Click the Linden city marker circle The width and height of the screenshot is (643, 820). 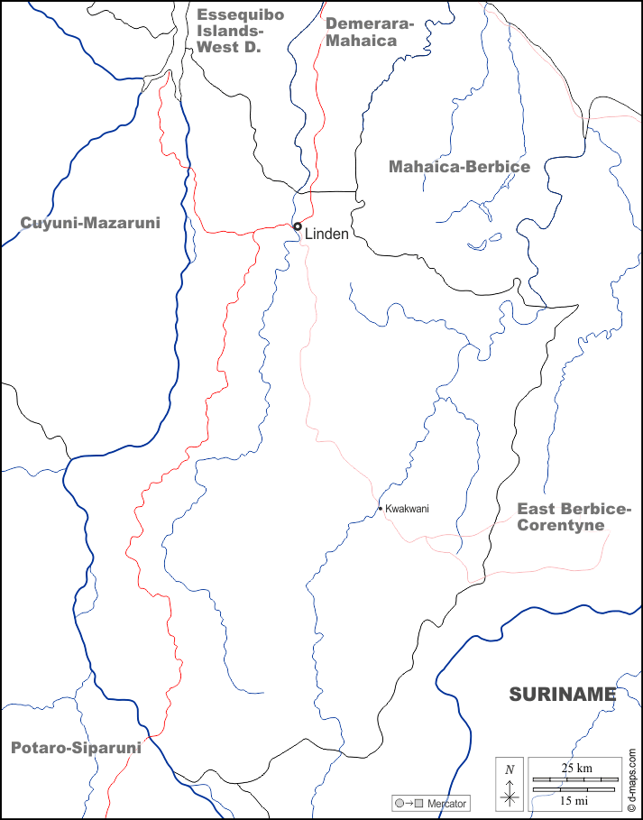[297, 226]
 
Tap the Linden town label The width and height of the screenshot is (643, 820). [326, 234]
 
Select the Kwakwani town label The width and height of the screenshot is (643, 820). [407, 509]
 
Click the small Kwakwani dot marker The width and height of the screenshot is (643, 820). [381, 509]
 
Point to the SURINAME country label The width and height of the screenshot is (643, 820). [562, 694]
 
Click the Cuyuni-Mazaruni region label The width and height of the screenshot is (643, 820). [90, 222]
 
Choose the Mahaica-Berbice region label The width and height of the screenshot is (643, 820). [459, 166]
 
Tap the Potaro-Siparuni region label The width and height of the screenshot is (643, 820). [77, 747]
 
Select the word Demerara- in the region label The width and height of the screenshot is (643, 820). [370, 23]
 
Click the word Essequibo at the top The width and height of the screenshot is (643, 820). [228, 14]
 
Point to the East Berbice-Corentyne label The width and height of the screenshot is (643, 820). [573, 517]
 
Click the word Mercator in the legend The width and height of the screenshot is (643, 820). [449, 803]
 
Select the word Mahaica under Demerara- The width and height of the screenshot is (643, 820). [362, 41]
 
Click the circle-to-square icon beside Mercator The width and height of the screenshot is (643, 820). [408, 803]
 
